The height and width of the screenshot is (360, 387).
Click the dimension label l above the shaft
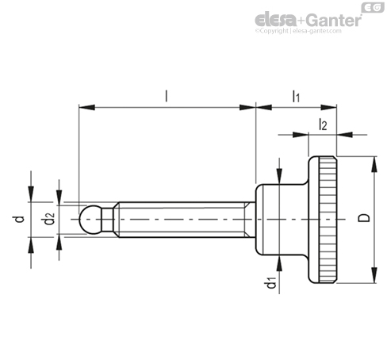[x=167, y=96]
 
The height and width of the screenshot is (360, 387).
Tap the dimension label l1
[x=296, y=97]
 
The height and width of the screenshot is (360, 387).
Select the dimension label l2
[x=323, y=124]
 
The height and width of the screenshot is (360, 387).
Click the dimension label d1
[x=270, y=283]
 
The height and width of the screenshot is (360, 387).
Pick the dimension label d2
[x=49, y=219]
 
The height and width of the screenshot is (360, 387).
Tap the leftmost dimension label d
[x=19, y=219]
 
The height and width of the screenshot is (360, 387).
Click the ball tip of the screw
[x=90, y=220]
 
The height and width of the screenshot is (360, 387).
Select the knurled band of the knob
[x=328, y=220]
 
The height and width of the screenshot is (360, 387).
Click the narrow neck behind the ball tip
[x=108, y=220]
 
